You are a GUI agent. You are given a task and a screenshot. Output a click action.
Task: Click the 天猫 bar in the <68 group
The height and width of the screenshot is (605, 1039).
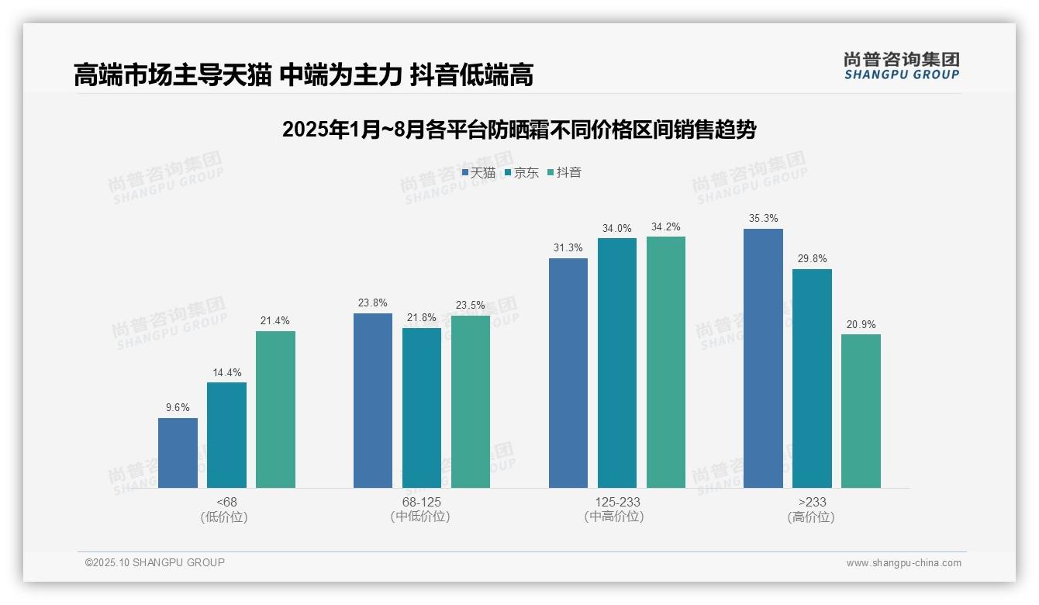pos(178,453)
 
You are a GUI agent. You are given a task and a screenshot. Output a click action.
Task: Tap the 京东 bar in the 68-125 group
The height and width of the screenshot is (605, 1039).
pos(422,408)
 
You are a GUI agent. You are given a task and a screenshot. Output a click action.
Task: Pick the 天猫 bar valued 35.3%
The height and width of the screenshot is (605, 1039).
pos(763,358)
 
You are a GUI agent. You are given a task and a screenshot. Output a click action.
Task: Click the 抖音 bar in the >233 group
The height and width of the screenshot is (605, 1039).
pos(861,411)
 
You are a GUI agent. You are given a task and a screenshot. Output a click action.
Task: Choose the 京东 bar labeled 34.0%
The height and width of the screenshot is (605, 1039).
pos(617,363)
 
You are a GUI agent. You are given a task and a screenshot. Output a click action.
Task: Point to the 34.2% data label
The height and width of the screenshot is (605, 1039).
pos(666,227)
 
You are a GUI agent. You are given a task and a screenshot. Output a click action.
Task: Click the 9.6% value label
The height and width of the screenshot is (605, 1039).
pos(178,408)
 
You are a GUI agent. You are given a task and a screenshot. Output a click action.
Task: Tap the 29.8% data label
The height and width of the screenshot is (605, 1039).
pos(812,259)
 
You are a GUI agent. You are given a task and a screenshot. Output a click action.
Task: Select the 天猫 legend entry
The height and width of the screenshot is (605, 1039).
pos(478,173)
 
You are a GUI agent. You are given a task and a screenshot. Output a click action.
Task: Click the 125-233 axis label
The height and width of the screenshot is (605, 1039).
pos(617,502)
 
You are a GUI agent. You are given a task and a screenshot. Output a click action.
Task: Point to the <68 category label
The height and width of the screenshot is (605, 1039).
pos(226,502)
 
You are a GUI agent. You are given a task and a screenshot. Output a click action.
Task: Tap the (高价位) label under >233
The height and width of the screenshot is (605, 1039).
pos(812,517)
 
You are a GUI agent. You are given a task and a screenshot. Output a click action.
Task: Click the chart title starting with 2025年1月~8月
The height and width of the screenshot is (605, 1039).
pos(519,130)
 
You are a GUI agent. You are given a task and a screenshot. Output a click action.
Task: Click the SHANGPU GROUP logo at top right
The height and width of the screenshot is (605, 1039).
pos(901,66)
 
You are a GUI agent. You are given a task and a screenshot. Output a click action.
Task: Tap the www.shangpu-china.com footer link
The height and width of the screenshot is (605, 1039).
pos(903,563)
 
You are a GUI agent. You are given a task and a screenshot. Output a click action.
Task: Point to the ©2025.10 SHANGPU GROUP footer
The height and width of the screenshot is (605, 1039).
pos(155,562)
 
